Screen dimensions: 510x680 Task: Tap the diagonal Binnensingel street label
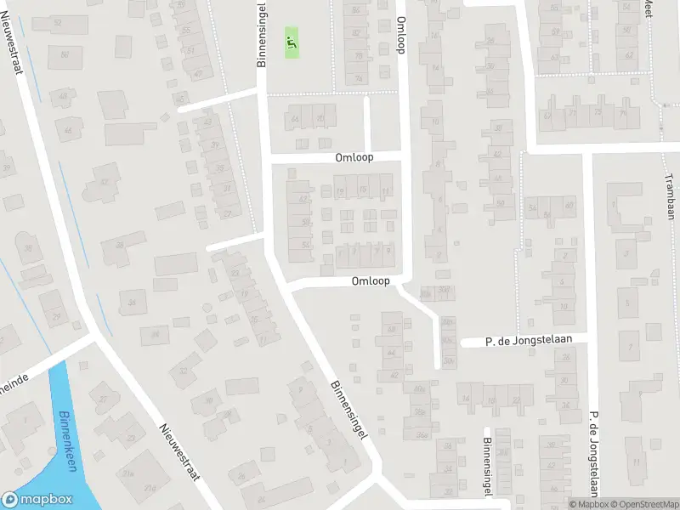349,409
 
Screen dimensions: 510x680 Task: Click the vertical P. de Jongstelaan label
589,453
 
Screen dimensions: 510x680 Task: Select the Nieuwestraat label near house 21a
178,451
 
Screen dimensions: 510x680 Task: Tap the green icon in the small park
292,40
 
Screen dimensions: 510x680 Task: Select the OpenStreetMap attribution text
646,504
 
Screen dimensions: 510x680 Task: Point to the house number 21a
129,473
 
